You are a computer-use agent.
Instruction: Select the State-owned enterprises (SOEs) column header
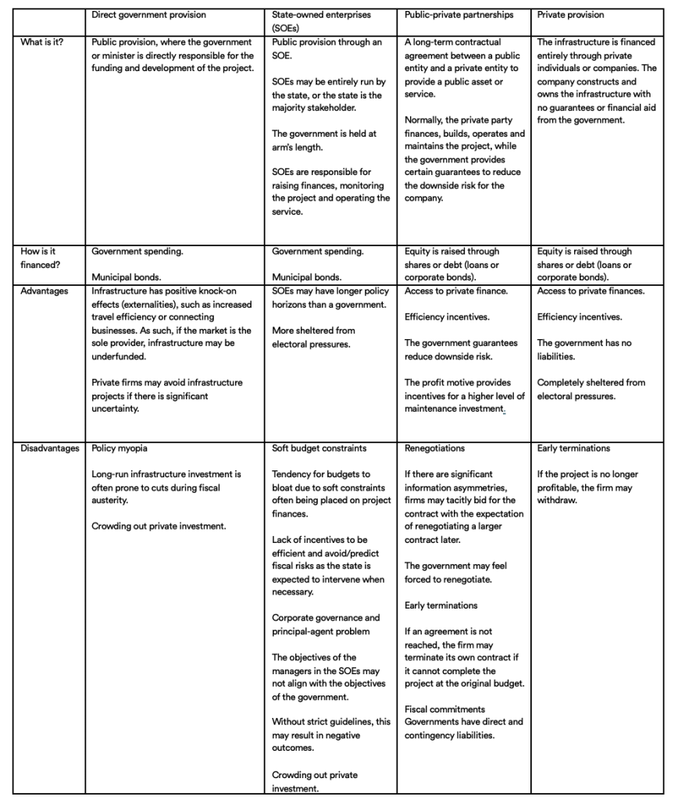tap(321, 21)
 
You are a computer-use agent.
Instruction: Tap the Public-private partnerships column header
tap(459, 15)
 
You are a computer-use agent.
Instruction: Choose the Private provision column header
tap(570, 15)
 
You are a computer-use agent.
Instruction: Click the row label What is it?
tap(42, 42)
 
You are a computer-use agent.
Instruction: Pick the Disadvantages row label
tap(50, 448)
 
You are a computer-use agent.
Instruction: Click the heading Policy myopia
tap(120, 448)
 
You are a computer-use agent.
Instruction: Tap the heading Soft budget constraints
tap(319, 448)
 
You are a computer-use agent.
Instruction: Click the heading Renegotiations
tap(434, 448)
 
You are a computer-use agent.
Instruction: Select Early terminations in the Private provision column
tap(574, 448)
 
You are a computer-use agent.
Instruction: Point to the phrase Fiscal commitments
tap(444, 709)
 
